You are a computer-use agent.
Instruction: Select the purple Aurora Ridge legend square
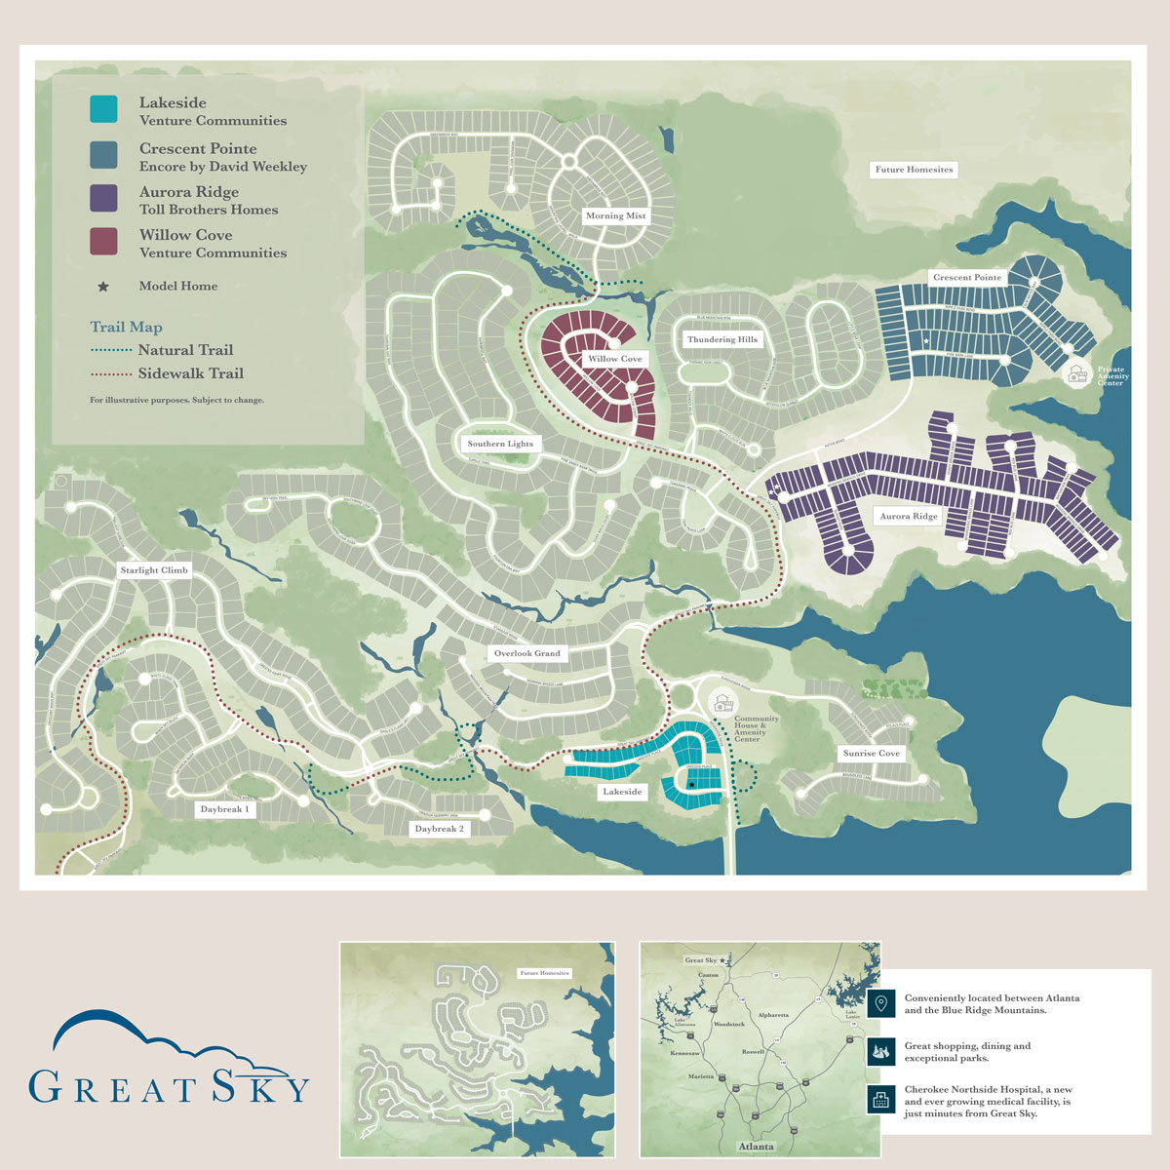coord(102,199)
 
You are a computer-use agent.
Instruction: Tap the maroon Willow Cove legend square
coord(102,242)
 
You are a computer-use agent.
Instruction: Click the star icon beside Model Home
coord(102,287)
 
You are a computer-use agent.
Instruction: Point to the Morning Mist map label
coord(615,215)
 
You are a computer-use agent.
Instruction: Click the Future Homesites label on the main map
coord(914,170)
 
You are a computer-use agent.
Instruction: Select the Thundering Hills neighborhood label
coord(721,339)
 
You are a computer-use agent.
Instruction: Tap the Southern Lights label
coord(500,444)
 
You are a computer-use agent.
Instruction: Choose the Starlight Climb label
coord(154,569)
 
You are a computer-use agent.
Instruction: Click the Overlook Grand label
coord(526,653)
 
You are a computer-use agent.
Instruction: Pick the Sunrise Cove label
coord(871,754)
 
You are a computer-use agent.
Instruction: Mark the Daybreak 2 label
coord(439,829)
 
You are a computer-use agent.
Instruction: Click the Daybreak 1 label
coord(224,809)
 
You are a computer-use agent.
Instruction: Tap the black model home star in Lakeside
coord(691,785)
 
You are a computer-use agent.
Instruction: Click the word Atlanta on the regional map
coord(756,1146)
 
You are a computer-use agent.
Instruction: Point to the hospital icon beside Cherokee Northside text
coord(880,1100)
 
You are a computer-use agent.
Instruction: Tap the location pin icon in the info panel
coord(880,1003)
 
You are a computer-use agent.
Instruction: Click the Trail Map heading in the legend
coord(126,328)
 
